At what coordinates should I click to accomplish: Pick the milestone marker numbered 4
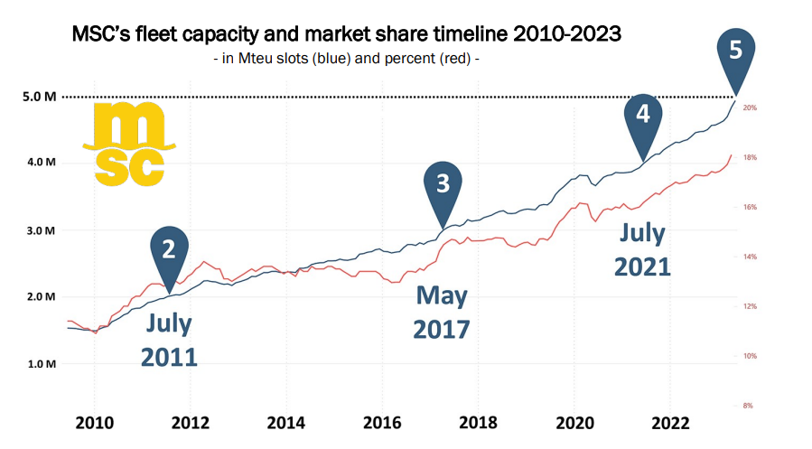642,116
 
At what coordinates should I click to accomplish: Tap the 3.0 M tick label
40,230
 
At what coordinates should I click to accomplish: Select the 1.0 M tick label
40,364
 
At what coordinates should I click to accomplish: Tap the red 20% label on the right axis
749,108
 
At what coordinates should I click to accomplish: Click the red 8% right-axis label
748,406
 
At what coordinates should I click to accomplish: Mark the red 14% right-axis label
749,257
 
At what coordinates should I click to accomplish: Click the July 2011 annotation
168,340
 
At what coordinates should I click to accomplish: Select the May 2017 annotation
442,312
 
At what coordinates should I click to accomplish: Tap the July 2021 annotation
642,250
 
